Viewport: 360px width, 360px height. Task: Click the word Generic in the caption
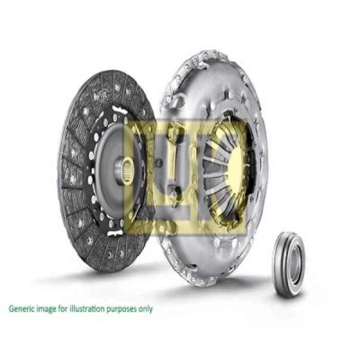point(21,310)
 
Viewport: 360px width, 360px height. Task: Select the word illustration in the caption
point(87,309)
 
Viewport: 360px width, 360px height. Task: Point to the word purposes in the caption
point(122,310)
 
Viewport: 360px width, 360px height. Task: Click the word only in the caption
point(146,309)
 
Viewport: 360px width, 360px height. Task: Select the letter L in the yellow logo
point(141,170)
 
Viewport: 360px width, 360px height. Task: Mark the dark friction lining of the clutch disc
point(77,206)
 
